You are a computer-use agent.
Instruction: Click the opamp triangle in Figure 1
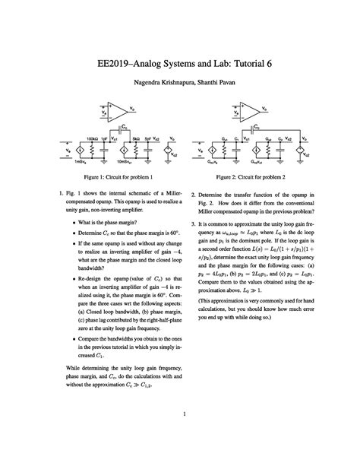tap(119, 112)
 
